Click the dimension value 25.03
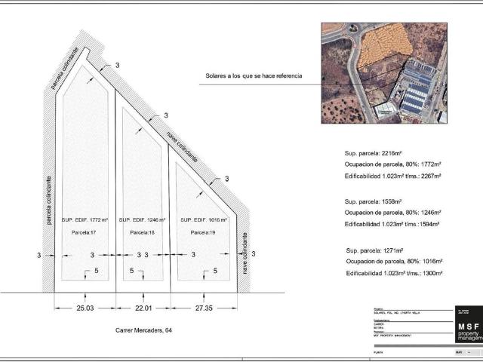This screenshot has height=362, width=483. point(85,308)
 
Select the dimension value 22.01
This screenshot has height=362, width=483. point(143,308)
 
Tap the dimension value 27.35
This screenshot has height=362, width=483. point(204,308)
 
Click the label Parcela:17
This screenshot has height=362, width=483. point(83,232)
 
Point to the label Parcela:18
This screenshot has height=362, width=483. point(143,232)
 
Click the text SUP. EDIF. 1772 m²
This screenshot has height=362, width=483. point(85,219)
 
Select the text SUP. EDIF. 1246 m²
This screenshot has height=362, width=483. point(143,219)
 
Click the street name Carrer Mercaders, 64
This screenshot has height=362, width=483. point(144,330)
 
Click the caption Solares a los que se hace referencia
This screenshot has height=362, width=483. point(254,76)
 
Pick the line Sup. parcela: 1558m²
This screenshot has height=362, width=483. point(373,201)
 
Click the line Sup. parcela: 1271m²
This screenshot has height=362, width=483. point(374,250)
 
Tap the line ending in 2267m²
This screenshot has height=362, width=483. point(392,176)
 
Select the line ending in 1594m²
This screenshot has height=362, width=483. point(392,224)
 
